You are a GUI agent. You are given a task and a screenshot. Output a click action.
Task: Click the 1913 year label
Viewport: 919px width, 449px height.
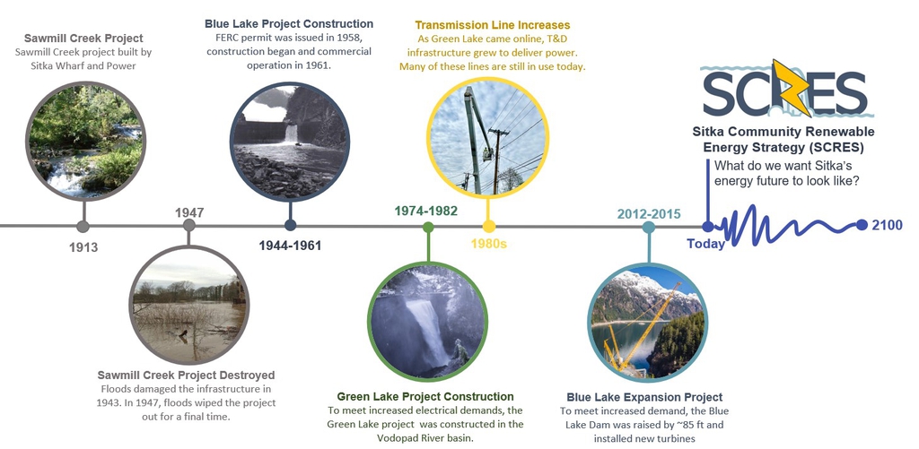point(83,247)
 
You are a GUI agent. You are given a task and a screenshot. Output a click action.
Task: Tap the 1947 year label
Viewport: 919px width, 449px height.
point(189,212)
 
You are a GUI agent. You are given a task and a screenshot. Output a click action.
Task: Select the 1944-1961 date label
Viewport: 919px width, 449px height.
point(290,246)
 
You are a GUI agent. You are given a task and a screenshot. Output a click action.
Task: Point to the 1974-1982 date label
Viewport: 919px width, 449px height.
point(425,211)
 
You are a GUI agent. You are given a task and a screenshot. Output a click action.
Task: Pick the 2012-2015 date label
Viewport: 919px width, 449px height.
point(649,213)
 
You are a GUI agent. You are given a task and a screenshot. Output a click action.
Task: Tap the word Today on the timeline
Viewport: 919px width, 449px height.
point(705,244)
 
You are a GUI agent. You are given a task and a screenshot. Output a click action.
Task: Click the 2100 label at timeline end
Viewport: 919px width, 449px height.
point(888,225)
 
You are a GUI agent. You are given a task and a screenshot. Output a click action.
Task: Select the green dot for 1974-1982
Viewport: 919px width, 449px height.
point(428,227)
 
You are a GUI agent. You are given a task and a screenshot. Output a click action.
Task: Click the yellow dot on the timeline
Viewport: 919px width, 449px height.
point(489,227)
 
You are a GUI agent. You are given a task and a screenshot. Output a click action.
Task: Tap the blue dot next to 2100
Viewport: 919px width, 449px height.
point(862,225)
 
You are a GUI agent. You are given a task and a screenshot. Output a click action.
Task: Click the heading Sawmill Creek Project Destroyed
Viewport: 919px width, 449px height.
point(186,376)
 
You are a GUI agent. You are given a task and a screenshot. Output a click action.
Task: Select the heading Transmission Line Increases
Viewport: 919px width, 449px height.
point(493,25)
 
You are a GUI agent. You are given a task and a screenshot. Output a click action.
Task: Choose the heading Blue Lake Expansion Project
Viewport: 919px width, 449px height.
point(644,398)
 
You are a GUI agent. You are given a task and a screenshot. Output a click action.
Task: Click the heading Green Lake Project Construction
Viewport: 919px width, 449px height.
point(425,397)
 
